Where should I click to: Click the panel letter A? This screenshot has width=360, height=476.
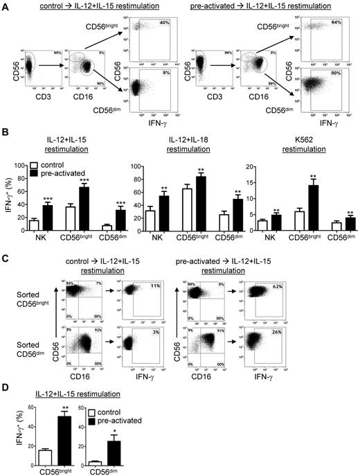point(5,6)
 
